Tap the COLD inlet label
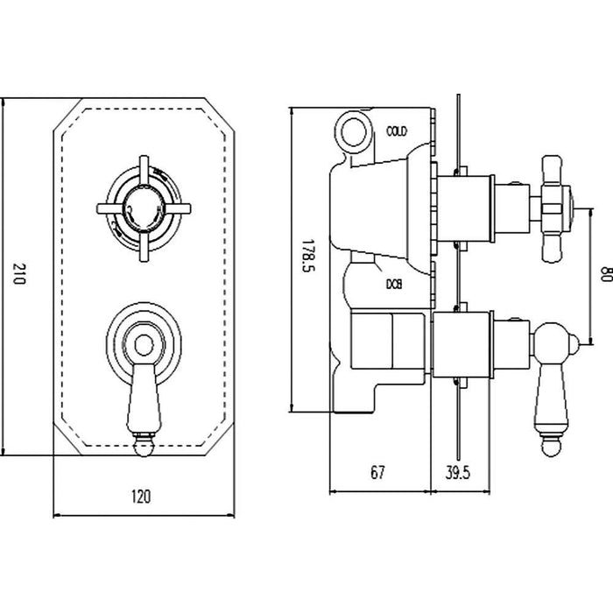pyautogui.click(x=397, y=131)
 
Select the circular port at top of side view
pyautogui.click(x=355, y=131)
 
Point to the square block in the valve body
pyautogui.click(x=383, y=343)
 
